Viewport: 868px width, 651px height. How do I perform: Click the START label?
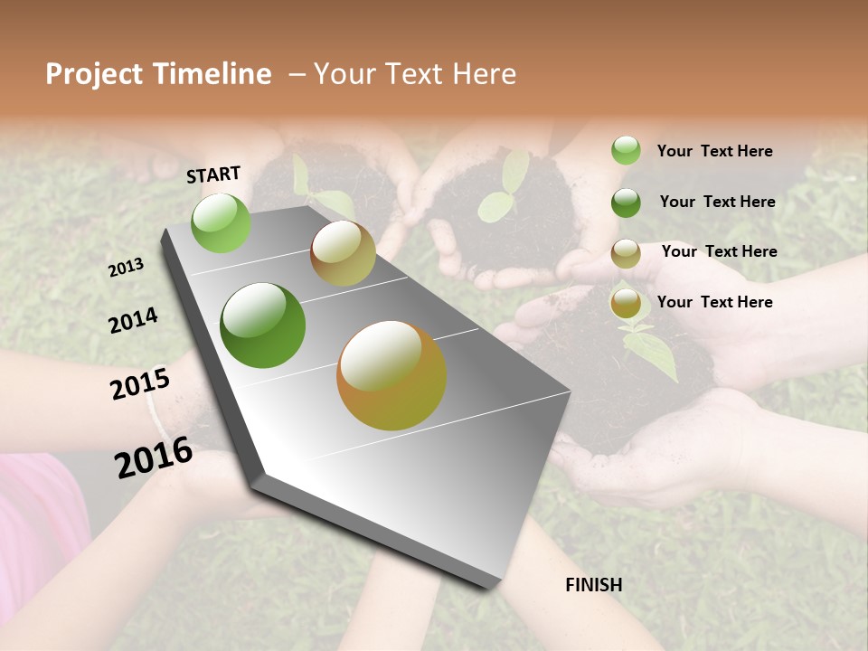pyautogui.click(x=213, y=175)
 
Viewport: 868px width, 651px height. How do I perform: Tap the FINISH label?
pyautogui.click(x=594, y=585)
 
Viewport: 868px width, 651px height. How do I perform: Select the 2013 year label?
pyautogui.click(x=127, y=267)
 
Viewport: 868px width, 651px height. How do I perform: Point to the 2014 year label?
pyautogui.click(x=134, y=321)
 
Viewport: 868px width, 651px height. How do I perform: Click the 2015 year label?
pyautogui.click(x=140, y=384)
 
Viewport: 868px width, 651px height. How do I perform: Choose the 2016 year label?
pyautogui.click(x=154, y=457)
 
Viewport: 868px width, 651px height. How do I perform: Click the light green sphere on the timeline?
pyautogui.click(x=222, y=222)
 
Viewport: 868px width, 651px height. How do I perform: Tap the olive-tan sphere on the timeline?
pyautogui.click(x=343, y=253)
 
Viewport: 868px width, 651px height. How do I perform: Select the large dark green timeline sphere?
pyautogui.click(x=263, y=325)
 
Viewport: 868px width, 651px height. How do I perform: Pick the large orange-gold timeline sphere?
pyautogui.click(x=392, y=375)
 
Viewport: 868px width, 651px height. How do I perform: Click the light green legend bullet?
pyautogui.click(x=626, y=150)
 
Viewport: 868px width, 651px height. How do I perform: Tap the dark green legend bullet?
pyautogui.click(x=626, y=203)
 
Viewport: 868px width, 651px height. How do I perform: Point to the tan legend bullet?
pyautogui.click(x=626, y=254)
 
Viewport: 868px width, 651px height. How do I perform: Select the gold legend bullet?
pyautogui.click(x=626, y=304)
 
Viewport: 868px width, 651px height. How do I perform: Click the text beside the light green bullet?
pyautogui.click(x=714, y=151)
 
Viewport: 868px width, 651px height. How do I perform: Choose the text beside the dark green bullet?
pyautogui.click(x=717, y=202)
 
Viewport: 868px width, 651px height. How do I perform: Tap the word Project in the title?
pyautogui.click(x=95, y=74)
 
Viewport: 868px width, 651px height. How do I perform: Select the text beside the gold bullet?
pyautogui.click(x=714, y=302)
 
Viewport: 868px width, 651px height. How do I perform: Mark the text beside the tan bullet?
pyautogui.click(x=719, y=251)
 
